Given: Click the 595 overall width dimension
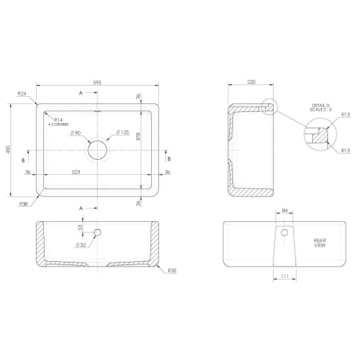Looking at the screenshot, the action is click(97, 82).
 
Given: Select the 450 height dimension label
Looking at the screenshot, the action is click(9, 149).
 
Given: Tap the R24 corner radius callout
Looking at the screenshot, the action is click(22, 94).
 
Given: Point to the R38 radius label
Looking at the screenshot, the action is click(24, 204).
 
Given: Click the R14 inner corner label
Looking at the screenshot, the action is click(58, 120).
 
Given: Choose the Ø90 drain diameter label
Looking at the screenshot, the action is click(75, 133).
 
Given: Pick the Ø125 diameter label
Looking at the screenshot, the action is click(122, 132).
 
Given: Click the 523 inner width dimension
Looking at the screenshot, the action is click(76, 171).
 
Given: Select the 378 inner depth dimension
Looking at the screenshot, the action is click(138, 137).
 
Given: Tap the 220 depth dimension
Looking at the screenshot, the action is click(251, 82).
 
